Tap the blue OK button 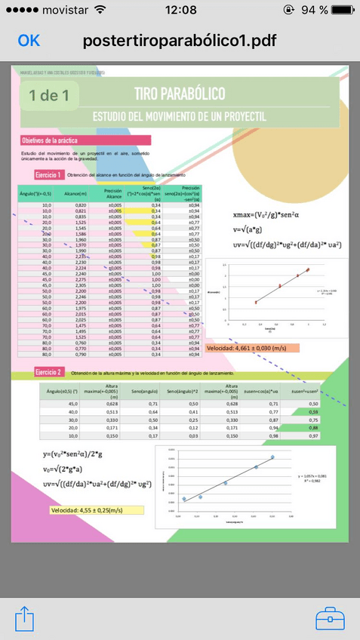click(29, 41)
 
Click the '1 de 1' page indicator click(50, 96)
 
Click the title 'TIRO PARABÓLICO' click(179, 94)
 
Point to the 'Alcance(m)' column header click(75, 194)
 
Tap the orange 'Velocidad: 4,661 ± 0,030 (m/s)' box click(252, 348)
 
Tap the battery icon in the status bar click(343, 10)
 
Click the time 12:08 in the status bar click(180, 10)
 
